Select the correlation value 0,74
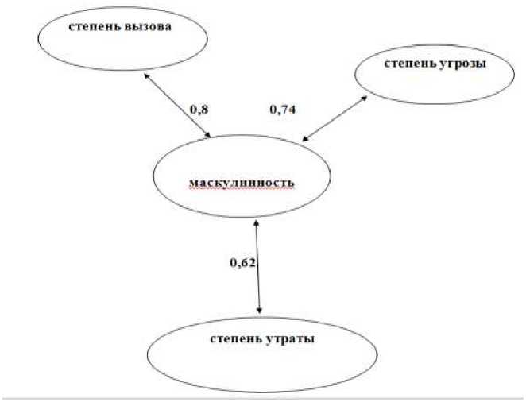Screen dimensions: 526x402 (x=283, y=110)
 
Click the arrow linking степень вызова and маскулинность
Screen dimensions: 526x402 (x=176, y=106)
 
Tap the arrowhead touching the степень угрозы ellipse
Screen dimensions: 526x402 (x=365, y=98)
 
